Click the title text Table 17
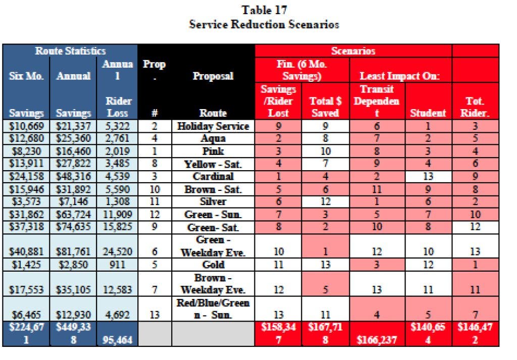(264, 10)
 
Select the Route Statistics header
(70, 51)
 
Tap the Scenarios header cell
(353, 51)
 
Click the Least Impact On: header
(400, 76)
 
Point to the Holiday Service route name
(213, 126)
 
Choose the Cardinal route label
(213, 176)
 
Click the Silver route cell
(213, 201)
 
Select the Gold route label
(213, 265)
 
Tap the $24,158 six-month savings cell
(26, 176)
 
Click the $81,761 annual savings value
(73, 252)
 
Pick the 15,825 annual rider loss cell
(117, 227)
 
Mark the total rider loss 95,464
(117, 340)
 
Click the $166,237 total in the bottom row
(377, 340)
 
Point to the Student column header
(428, 113)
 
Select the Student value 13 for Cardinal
(428, 176)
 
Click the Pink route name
(213, 151)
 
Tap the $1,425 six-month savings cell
(26, 265)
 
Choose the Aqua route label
(213, 138)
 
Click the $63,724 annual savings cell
(73, 215)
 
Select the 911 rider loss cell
(117, 265)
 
